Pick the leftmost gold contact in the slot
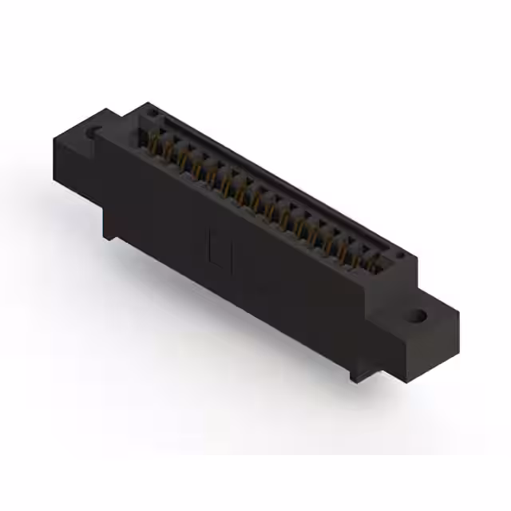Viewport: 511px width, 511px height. point(153,145)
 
